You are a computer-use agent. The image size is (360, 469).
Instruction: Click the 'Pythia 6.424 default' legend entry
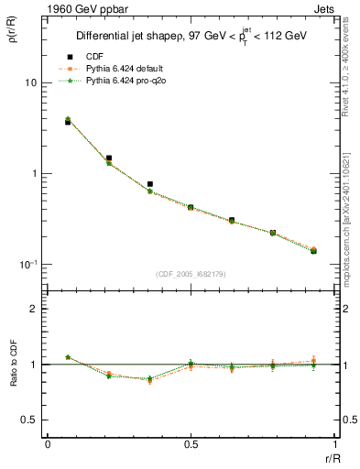(121, 68)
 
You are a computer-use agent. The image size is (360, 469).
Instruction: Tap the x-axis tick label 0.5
(191, 444)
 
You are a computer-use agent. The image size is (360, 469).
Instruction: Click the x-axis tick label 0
(48, 444)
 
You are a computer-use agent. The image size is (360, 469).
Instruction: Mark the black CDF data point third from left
(150, 184)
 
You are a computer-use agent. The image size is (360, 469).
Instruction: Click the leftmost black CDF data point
(68, 122)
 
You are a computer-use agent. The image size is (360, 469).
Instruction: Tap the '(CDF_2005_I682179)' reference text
(191, 273)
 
